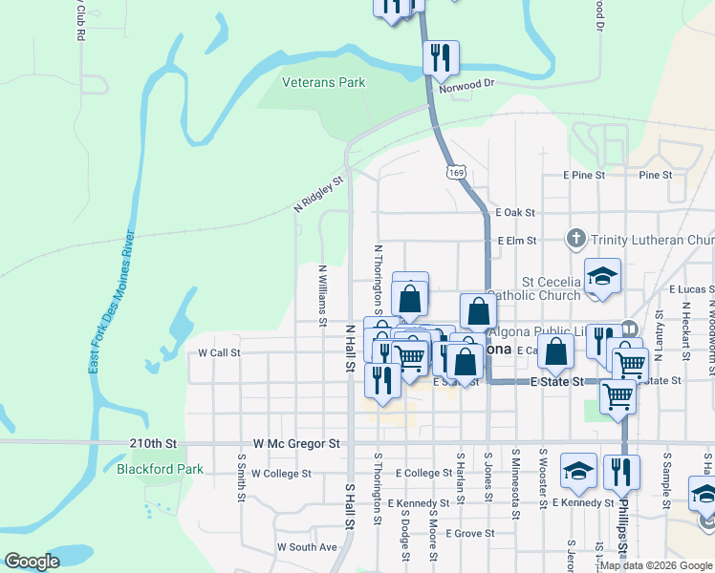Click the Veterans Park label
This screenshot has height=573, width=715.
[x=324, y=83]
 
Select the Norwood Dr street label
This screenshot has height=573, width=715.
[x=466, y=84]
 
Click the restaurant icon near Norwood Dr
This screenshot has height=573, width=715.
[x=441, y=56]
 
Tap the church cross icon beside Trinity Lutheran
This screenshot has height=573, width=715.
[x=576, y=239]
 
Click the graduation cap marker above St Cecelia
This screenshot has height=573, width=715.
[x=602, y=276]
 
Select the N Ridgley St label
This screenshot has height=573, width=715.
[x=318, y=195]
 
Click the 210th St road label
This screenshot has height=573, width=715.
[x=154, y=444]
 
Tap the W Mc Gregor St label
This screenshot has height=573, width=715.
[x=297, y=444]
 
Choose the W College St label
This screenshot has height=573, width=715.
[x=280, y=474]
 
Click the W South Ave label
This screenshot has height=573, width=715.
[x=307, y=547]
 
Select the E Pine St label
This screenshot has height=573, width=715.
[x=584, y=175]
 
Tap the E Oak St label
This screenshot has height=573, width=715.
[x=516, y=213]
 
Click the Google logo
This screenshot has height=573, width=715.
[x=32, y=562]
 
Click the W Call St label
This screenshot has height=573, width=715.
[x=219, y=352]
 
